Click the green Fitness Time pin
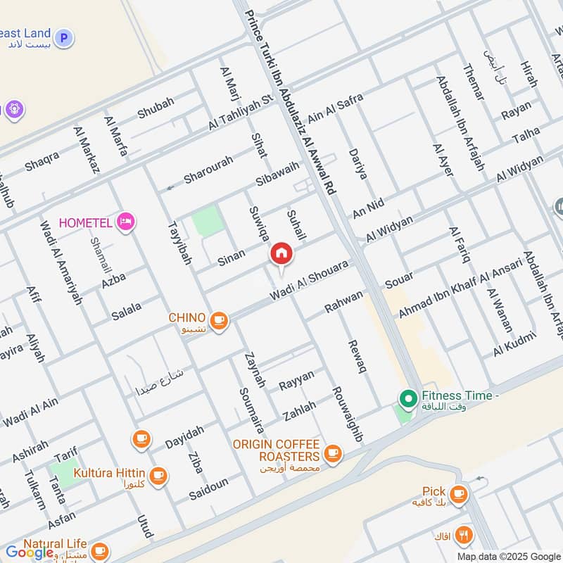[x=407, y=399]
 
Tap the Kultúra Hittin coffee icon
[x=159, y=475]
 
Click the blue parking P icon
[x=64, y=37]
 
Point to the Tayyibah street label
[x=179, y=243]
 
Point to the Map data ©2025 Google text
[x=507, y=556]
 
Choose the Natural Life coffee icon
[x=99, y=548]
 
